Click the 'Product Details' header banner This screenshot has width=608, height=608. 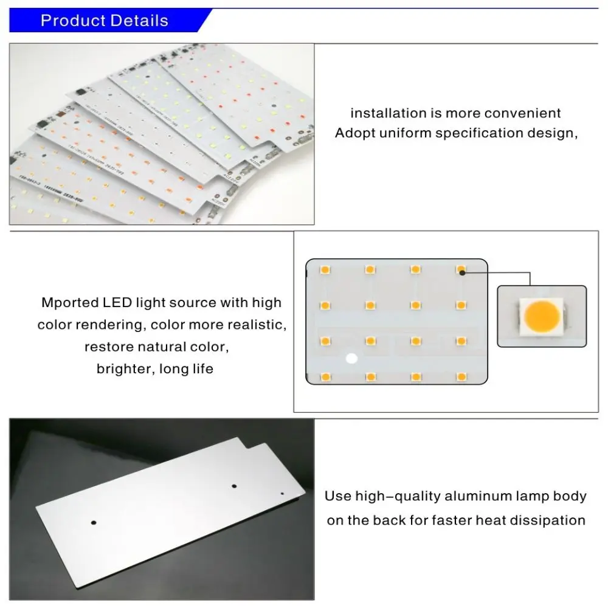[x=105, y=21]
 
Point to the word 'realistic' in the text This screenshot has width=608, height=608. [x=258, y=325]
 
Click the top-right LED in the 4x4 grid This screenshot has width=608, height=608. [x=461, y=268]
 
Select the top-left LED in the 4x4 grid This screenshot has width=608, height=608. [x=325, y=268]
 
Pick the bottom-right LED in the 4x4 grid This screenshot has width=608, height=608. [x=461, y=378]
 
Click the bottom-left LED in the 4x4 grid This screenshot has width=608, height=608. [x=325, y=378]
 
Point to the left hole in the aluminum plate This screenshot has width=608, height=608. [x=94, y=522]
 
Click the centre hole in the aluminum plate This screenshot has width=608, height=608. [x=233, y=486]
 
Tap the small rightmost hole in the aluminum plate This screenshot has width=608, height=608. [x=282, y=494]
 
